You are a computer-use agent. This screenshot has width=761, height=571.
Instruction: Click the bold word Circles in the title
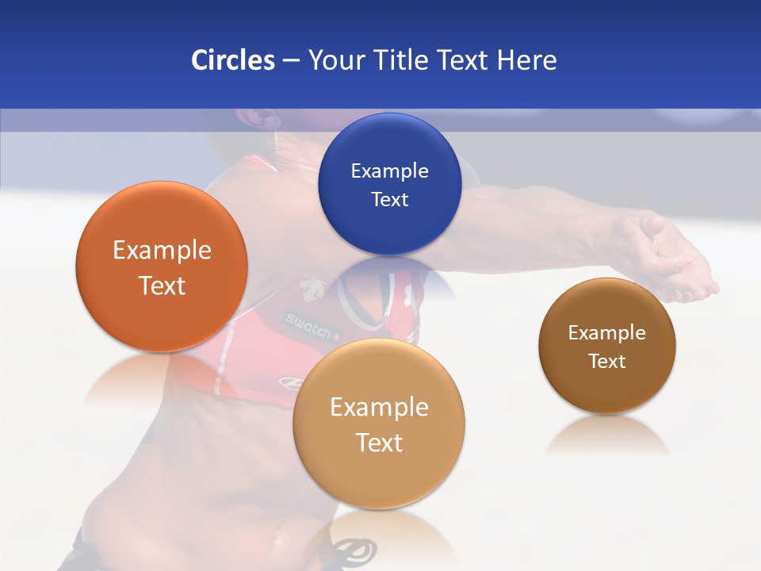(x=232, y=60)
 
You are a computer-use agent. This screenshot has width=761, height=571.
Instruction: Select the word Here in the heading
(x=526, y=60)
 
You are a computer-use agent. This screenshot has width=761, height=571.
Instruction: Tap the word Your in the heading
(x=336, y=60)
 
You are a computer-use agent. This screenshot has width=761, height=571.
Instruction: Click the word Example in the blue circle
(x=389, y=171)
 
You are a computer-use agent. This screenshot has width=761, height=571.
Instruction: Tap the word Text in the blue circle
(x=389, y=199)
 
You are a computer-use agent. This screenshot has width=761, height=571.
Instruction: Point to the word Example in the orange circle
(x=162, y=250)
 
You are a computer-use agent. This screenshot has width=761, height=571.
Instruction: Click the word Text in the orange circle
(x=162, y=285)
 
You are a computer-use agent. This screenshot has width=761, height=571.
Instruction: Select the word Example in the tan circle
(x=379, y=407)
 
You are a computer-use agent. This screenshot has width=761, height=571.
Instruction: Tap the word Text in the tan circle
(x=379, y=443)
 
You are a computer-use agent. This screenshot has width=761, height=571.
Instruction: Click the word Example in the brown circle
(x=607, y=332)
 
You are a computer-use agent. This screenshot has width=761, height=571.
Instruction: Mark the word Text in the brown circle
(x=607, y=361)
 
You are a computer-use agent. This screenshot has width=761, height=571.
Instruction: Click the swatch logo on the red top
(x=312, y=325)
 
